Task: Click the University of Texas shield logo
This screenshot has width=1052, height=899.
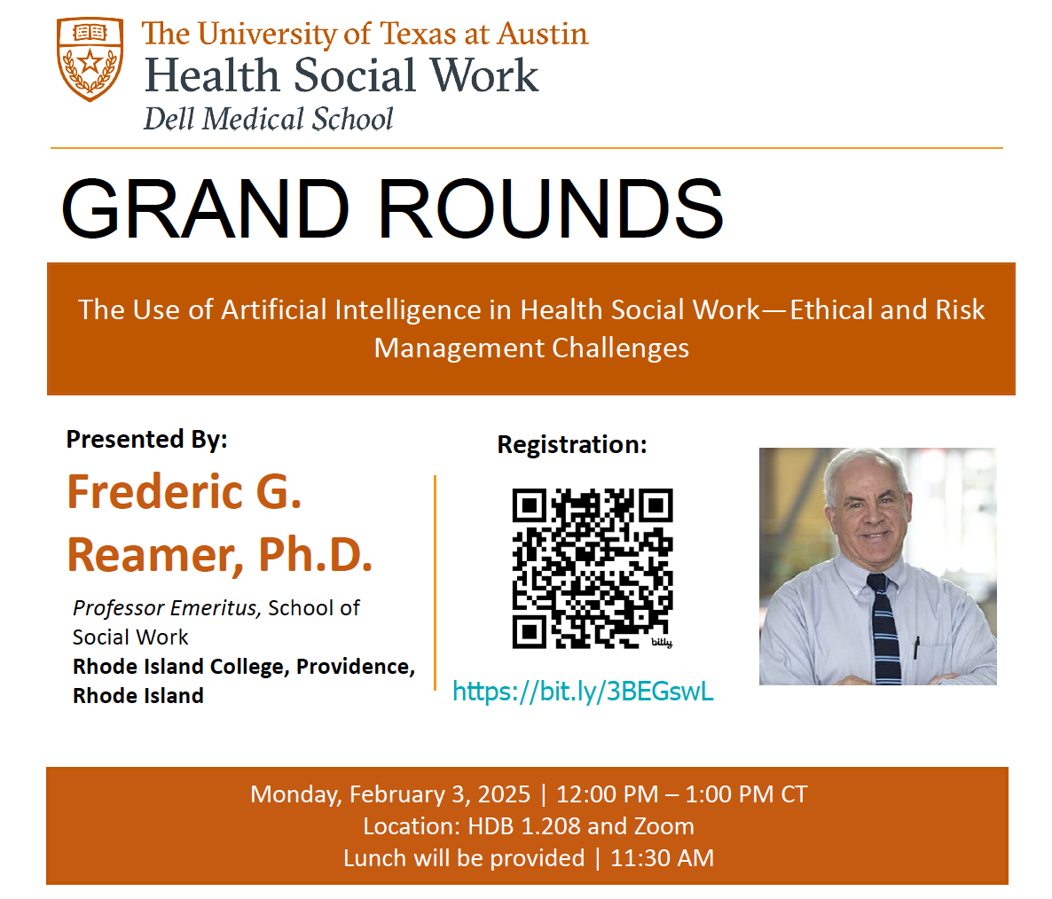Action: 90,59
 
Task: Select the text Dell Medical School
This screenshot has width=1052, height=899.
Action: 269,120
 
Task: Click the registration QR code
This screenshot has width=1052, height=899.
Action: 593,568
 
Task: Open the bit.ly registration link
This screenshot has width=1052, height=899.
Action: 583,692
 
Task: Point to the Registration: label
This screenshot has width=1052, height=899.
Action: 571,444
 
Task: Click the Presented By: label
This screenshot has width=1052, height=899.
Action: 147,439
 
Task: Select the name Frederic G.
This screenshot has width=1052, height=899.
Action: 184,492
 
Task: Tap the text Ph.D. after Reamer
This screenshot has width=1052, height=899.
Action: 315,555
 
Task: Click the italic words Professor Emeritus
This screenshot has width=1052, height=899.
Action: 165,608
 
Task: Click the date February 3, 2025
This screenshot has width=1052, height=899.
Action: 439,794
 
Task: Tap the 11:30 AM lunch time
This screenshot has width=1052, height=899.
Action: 663,858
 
